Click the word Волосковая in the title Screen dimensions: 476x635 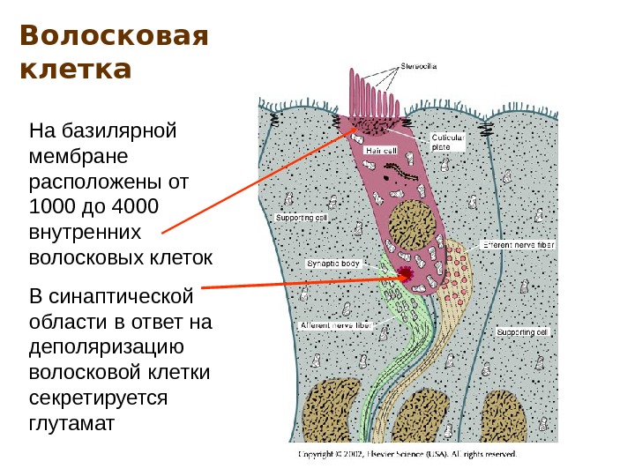[114, 37]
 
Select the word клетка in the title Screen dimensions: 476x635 [75, 68]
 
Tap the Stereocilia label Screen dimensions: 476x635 [419, 65]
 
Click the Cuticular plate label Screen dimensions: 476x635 [449, 142]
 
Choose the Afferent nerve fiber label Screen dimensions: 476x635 [336, 325]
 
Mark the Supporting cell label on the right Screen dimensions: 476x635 [522, 332]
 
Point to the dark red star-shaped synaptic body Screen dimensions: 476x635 [405, 274]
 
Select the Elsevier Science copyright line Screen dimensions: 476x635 [407, 455]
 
